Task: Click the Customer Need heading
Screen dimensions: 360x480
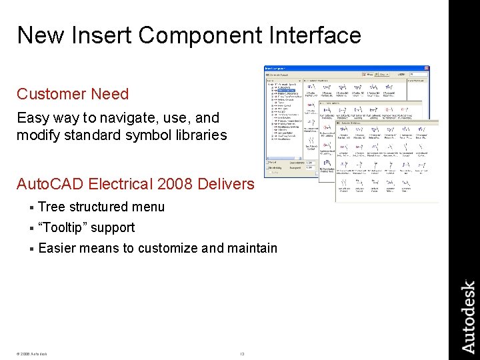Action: (x=73, y=94)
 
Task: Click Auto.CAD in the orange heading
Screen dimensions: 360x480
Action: (x=49, y=184)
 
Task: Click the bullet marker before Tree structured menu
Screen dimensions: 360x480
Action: (x=31, y=207)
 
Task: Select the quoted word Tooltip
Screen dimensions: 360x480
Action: (x=63, y=227)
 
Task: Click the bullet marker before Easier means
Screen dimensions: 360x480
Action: (x=31, y=249)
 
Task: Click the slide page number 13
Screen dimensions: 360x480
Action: (x=243, y=353)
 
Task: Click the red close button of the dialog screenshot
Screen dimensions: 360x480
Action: (x=427, y=68)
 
